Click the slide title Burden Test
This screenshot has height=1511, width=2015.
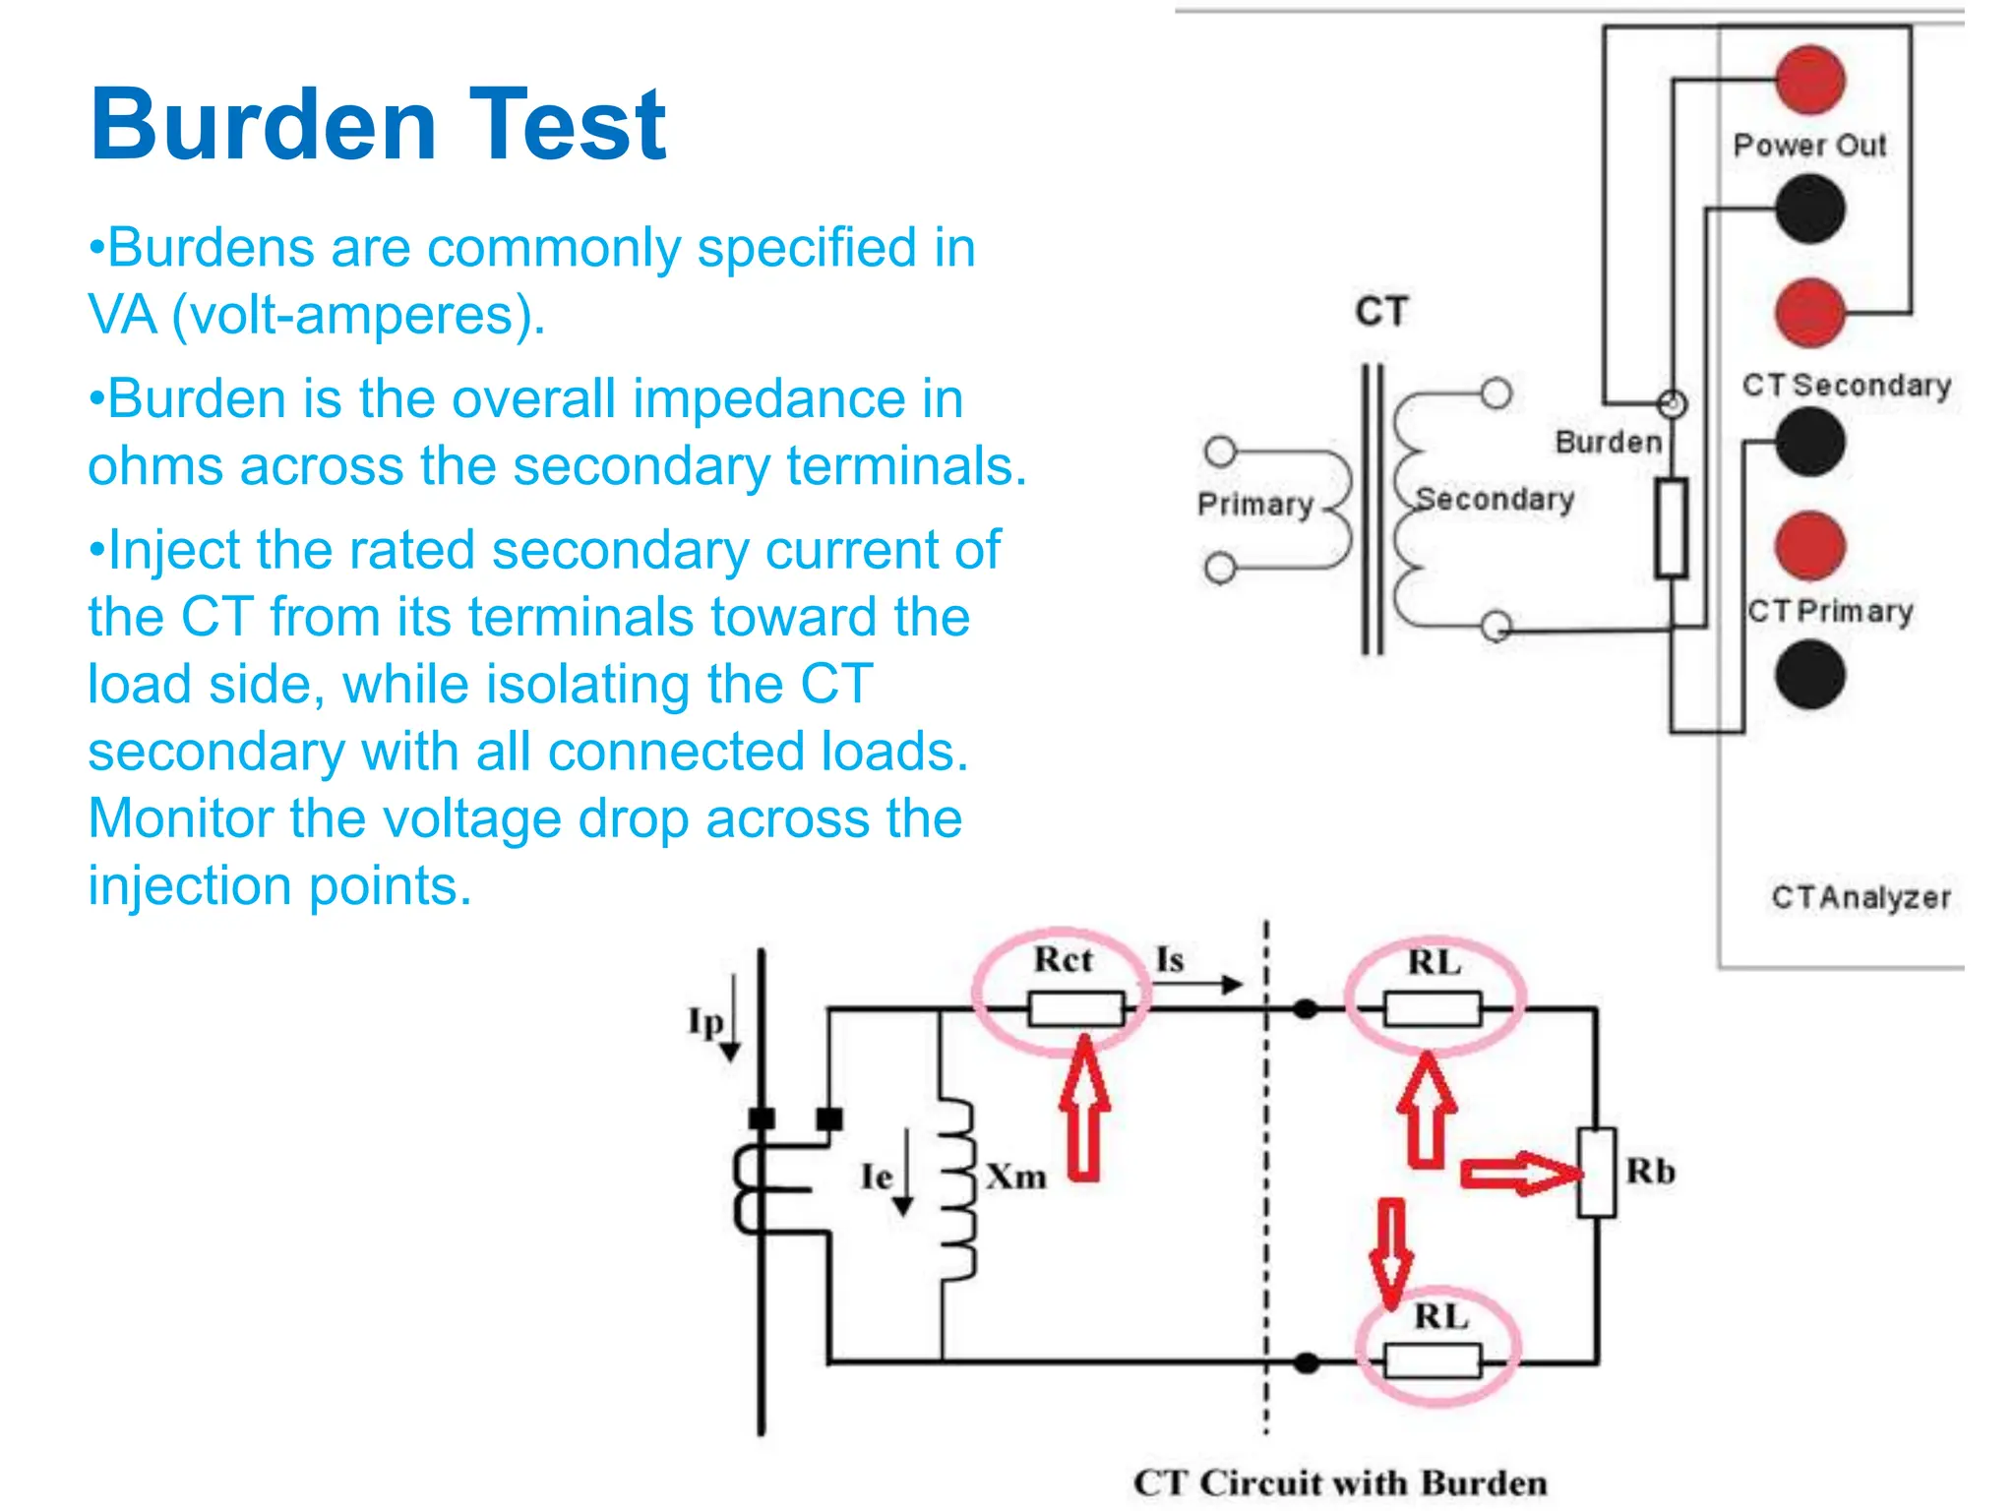[x=378, y=125]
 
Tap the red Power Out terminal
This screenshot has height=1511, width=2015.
[x=1809, y=80]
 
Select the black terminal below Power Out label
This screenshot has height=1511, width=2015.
[x=1809, y=210]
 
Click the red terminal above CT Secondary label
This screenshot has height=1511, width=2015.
[x=1809, y=313]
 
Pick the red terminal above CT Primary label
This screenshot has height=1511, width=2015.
[x=1809, y=545]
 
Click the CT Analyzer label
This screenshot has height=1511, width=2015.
[x=1861, y=897]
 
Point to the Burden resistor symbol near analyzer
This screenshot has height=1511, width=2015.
[x=1671, y=527]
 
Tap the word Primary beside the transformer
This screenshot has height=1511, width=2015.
[x=1255, y=505]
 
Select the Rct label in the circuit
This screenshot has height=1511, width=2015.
[x=1063, y=960]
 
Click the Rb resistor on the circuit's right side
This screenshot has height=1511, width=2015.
[x=1596, y=1173]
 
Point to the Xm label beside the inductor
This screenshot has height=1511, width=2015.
[x=1016, y=1176]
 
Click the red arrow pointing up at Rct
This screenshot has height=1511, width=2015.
[x=1084, y=1107]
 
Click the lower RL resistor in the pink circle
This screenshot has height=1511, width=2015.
[x=1433, y=1360]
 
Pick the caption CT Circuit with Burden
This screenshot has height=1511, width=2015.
[x=1340, y=1482]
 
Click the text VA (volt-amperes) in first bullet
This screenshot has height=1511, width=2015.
[x=317, y=316]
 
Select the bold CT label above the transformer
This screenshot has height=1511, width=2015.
[x=1381, y=312]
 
